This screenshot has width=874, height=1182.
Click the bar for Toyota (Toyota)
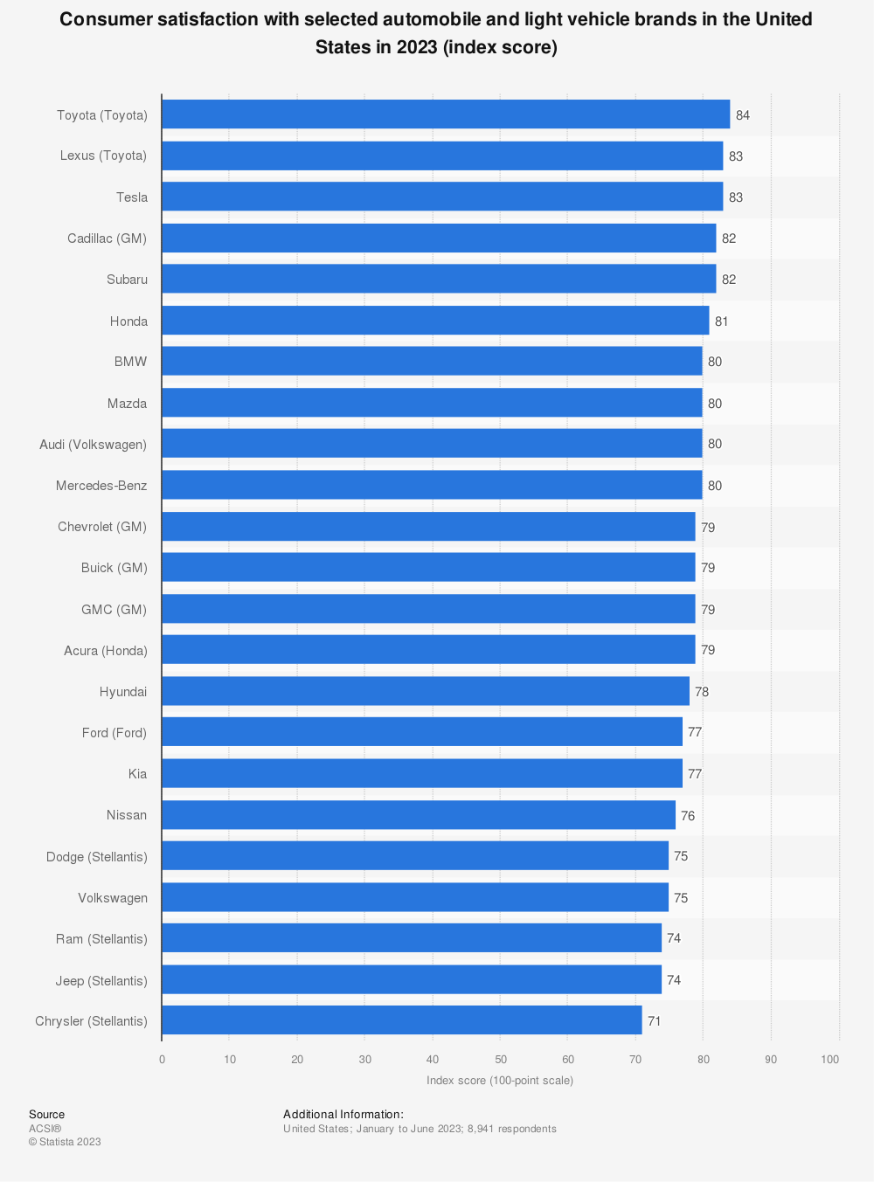click(446, 114)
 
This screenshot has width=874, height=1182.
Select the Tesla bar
click(442, 197)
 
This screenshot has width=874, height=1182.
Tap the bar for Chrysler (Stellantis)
click(402, 1020)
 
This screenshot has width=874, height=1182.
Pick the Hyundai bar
click(426, 691)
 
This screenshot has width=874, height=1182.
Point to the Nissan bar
click(419, 815)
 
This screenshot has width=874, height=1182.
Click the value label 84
click(743, 115)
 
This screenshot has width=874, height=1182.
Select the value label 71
click(655, 1021)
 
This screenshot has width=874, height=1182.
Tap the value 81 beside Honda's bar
click(722, 321)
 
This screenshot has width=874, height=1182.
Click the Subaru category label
click(128, 280)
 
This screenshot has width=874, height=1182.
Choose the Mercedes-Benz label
click(101, 486)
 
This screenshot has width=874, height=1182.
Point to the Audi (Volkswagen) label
click(94, 445)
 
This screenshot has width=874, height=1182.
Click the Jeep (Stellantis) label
click(101, 981)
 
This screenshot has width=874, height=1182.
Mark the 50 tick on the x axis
click(501, 1060)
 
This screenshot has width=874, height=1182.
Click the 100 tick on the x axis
click(830, 1060)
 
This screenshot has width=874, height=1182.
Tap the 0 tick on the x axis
click(162, 1060)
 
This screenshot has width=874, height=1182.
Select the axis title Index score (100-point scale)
click(500, 1081)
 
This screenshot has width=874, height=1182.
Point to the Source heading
click(47, 1115)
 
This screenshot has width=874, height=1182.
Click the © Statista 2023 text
click(65, 1142)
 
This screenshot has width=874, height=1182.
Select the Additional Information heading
click(343, 1115)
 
